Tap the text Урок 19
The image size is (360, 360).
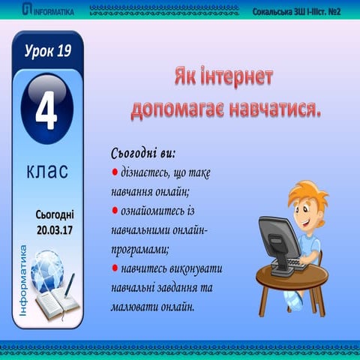click(46, 52)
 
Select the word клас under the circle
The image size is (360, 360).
click(46, 171)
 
